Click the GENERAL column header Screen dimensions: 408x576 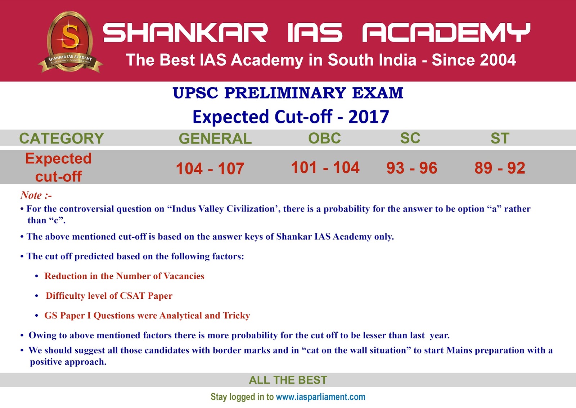pos(215,139)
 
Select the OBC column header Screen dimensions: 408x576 pos(324,138)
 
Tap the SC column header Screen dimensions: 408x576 pos(410,138)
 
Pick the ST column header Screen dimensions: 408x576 pos(500,138)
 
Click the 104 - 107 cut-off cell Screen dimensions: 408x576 pos(210,168)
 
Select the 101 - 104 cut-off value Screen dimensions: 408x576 pos(325,167)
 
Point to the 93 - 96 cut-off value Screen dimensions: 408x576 pos(411,168)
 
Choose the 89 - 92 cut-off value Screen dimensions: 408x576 pos(500,168)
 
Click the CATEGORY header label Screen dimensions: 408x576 pos(62,139)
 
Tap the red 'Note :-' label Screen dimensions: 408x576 pos(36,195)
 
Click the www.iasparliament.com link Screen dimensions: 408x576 pos(320,397)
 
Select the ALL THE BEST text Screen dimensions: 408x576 pos(288,380)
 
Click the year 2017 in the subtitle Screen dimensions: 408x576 pos(369,117)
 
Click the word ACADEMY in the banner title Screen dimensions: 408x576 pos(446,32)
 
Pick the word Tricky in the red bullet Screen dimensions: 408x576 pos(236,316)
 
